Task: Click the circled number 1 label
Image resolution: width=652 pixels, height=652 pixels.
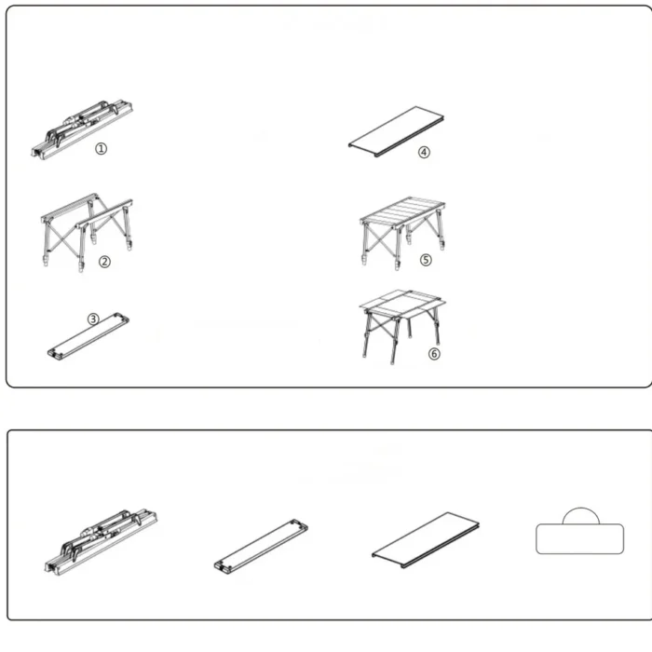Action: pyautogui.click(x=101, y=148)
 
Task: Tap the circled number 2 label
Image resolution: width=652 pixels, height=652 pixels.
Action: pyautogui.click(x=104, y=262)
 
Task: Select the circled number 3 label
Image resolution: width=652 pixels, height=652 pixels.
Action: pyautogui.click(x=93, y=319)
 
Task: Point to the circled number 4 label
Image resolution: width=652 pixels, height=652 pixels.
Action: pyautogui.click(x=424, y=152)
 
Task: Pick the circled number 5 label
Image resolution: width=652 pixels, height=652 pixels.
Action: pyautogui.click(x=426, y=260)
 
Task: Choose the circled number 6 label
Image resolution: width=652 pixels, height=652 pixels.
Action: pyautogui.click(x=434, y=353)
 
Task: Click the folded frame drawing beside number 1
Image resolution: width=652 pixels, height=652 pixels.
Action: pyautogui.click(x=82, y=129)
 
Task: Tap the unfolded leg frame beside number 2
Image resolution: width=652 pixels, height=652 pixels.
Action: pyautogui.click(x=87, y=232)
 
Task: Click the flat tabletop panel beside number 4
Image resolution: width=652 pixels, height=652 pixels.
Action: pyautogui.click(x=396, y=131)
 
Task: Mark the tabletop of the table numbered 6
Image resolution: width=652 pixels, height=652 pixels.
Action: pyautogui.click(x=402, y=304)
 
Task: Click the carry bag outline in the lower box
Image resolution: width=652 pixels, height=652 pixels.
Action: pyautogui.click(x=579, y=538)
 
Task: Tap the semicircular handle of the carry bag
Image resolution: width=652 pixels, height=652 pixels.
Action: pyautogui.click(x=581, y=509)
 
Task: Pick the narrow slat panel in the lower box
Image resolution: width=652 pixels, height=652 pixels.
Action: pyautogui.click(x=261, y=545)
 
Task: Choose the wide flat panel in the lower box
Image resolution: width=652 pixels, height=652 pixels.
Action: pyautogui.click(x=426, y=539)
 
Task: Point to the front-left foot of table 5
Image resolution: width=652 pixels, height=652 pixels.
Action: pyautogui.click(x=365, y=261)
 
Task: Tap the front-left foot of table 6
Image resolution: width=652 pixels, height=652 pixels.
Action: pyautogui.click(x=365, y=355)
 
